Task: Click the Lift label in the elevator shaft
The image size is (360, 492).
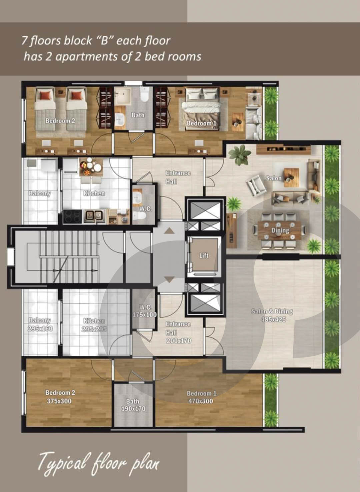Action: [204, 255]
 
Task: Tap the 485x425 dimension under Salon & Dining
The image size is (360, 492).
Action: [273, 319]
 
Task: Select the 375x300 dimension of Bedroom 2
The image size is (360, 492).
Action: [59, 401]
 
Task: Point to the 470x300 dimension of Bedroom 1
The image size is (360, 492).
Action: [201, 401]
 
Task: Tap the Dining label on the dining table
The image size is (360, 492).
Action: [280, 230]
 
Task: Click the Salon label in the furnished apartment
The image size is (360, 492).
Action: [274, 178]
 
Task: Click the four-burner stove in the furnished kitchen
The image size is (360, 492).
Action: [73, 217]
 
